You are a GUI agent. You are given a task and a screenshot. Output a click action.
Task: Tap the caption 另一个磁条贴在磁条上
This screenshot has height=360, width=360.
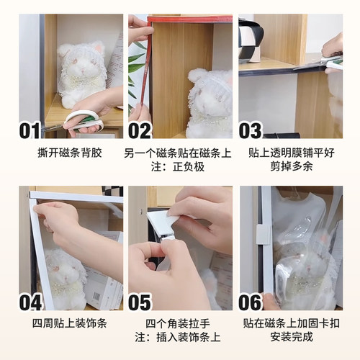pos(180,153)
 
